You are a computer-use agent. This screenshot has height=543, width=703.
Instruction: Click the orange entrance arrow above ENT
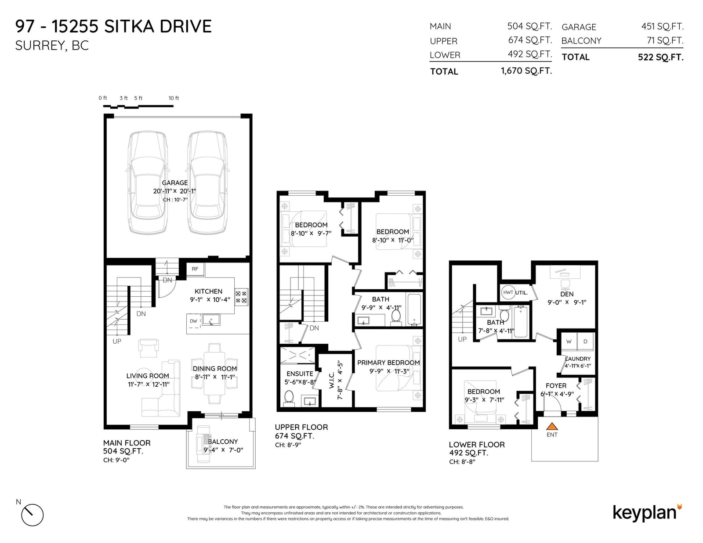click(552, 426)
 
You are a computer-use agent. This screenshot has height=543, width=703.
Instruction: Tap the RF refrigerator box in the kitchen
click(195, 269)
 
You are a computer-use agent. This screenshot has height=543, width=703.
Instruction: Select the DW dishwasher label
click(193, 321)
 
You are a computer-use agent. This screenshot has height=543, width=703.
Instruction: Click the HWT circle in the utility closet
click(508, 292)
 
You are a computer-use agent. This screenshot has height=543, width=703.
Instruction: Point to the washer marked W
click(569, 342)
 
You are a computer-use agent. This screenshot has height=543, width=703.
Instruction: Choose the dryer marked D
click(585, 342)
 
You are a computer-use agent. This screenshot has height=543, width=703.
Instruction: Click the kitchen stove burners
click(241, 297)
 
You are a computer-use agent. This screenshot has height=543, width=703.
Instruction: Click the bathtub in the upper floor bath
click(414, 309)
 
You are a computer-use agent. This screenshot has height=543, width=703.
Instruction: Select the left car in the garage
click(148, 182)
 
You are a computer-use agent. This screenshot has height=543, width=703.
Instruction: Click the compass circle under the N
click(33, 515)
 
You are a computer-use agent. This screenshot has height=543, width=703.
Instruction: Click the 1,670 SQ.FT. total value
click(526, 71)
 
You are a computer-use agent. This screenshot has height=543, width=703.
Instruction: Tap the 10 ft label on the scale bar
click(174, 98)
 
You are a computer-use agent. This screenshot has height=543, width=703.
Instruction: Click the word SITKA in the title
click(129, 26)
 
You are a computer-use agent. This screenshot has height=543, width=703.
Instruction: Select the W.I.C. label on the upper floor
click(332, 380)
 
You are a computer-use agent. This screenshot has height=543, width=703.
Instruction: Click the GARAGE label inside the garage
click(175, 183)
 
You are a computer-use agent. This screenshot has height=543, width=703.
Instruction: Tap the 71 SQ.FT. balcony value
click(665, 40)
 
